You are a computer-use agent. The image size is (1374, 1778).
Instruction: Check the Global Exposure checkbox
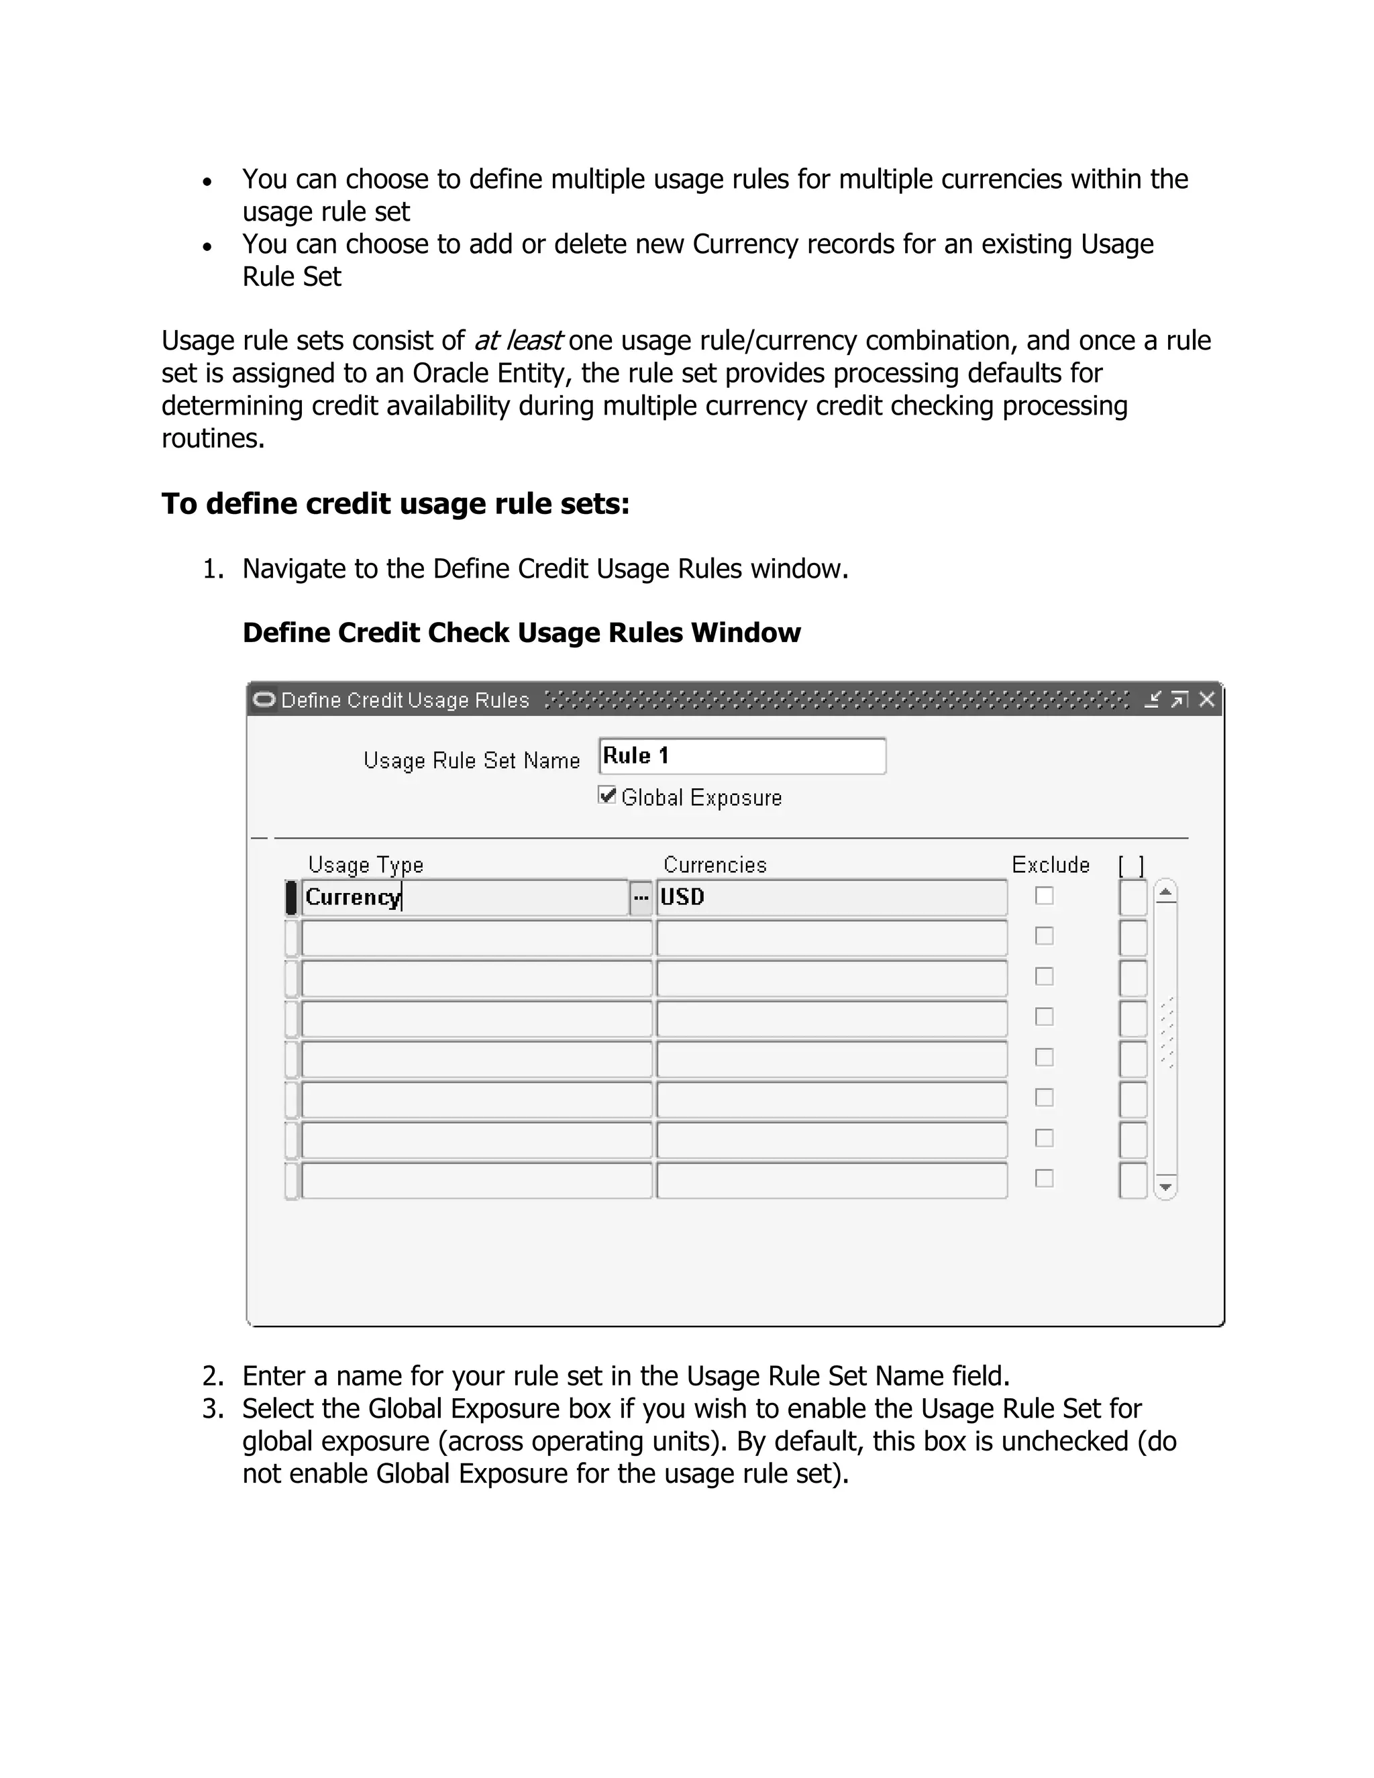pos(606,795)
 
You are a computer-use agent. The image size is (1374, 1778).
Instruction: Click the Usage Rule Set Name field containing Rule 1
pos(741,756)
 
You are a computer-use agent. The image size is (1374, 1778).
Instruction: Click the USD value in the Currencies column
pos(682,897)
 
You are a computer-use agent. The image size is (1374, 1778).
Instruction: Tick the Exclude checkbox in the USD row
pos(1045,896)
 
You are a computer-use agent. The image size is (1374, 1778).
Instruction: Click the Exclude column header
pos(1050,865)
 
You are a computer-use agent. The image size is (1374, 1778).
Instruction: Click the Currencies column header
pos(715,865)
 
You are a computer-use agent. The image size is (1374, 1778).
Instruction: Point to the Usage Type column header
pos(366,865)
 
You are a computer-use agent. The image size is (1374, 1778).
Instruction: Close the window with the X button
pos(1207,699)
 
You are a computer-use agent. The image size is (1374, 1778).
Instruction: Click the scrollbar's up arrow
pos(1165,893)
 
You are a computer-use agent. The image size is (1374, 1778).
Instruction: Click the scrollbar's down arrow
pos(1165,1187)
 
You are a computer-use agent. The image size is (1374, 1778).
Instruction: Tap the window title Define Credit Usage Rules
pos(405,700)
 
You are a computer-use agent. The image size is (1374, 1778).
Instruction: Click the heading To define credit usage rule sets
pos(396,503)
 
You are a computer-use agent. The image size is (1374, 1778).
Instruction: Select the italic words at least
pos(518,340)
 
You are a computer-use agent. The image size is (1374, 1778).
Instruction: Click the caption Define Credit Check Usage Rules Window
pos(521,633)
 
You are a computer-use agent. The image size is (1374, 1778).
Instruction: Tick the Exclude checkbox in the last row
pos(1045,1178)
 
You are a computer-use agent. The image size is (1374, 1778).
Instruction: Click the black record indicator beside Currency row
pos(291,897)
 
